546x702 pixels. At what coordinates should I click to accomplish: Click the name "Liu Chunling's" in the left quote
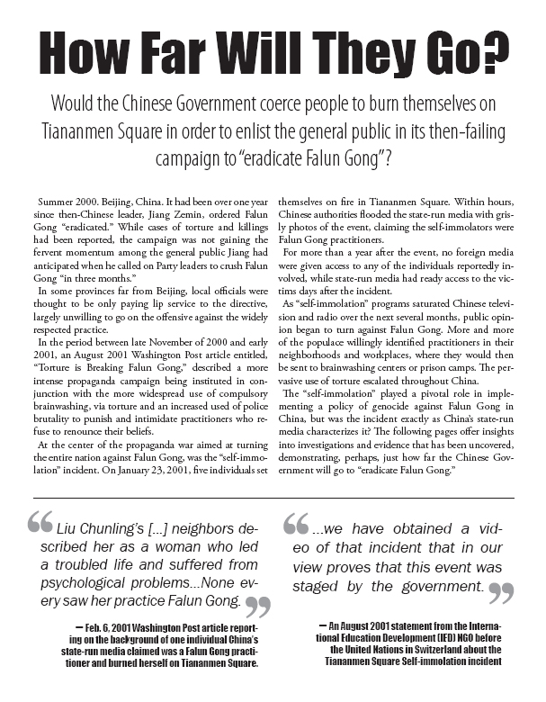pyautogui.click(x=100, y=527)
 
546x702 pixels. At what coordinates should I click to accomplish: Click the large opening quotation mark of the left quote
pyautogui.click(x=40, y=525)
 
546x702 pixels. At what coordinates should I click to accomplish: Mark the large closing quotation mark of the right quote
pyautogui.click(x=502, y=591)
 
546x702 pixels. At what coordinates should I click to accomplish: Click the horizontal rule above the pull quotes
pyautogui.click(x=273, y=498)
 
